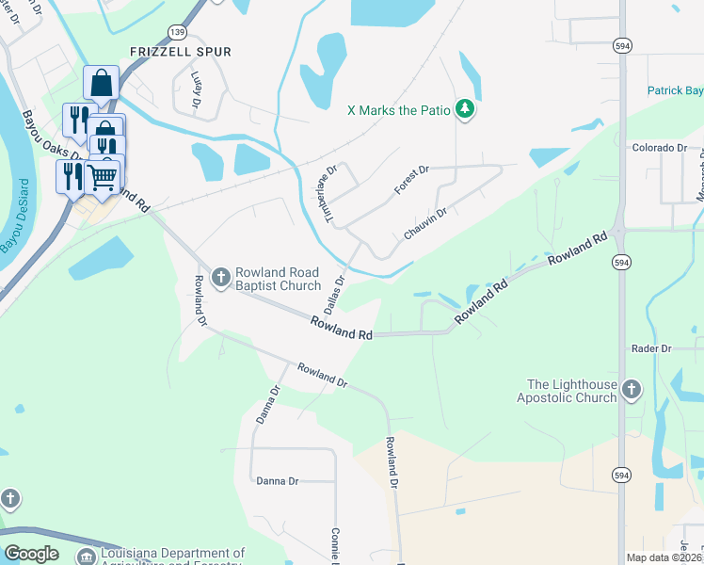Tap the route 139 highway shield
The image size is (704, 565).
coord(178,32)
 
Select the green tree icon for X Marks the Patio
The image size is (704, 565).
coord(464,110)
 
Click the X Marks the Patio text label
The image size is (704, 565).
coord(398,110)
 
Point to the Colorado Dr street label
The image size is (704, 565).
coord(660,148)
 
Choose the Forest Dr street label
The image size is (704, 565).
coord(411,179)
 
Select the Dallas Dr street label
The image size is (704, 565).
coord(335,294)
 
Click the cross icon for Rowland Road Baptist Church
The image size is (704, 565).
coord(220,276)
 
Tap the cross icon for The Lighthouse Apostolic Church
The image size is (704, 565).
coord(632,388)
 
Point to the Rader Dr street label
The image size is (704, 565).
coord(652,348)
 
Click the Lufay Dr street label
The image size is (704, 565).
coord(197,87)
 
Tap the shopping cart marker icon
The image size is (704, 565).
coord(103,176)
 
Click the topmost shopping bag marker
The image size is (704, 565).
coord(101,82)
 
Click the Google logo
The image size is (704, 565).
coord(32,553)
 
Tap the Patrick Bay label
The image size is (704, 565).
coord(675,91)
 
